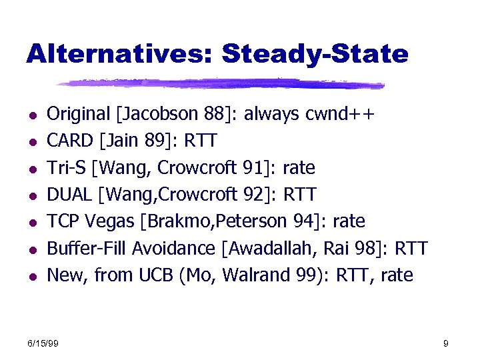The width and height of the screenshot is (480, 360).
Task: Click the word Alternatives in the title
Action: (118, 54)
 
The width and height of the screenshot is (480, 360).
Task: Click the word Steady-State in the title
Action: (314, 54)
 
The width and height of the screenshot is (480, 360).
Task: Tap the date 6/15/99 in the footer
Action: (43, 343)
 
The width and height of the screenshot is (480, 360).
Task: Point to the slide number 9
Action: (445, 343)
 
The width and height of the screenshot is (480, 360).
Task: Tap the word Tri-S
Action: (67, 168)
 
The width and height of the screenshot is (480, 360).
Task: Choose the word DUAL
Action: (69, 195)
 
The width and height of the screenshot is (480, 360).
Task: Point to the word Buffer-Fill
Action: (87, 248)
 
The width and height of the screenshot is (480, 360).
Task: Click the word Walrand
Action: (256, 275)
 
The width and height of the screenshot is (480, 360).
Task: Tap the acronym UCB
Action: (157, 275)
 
